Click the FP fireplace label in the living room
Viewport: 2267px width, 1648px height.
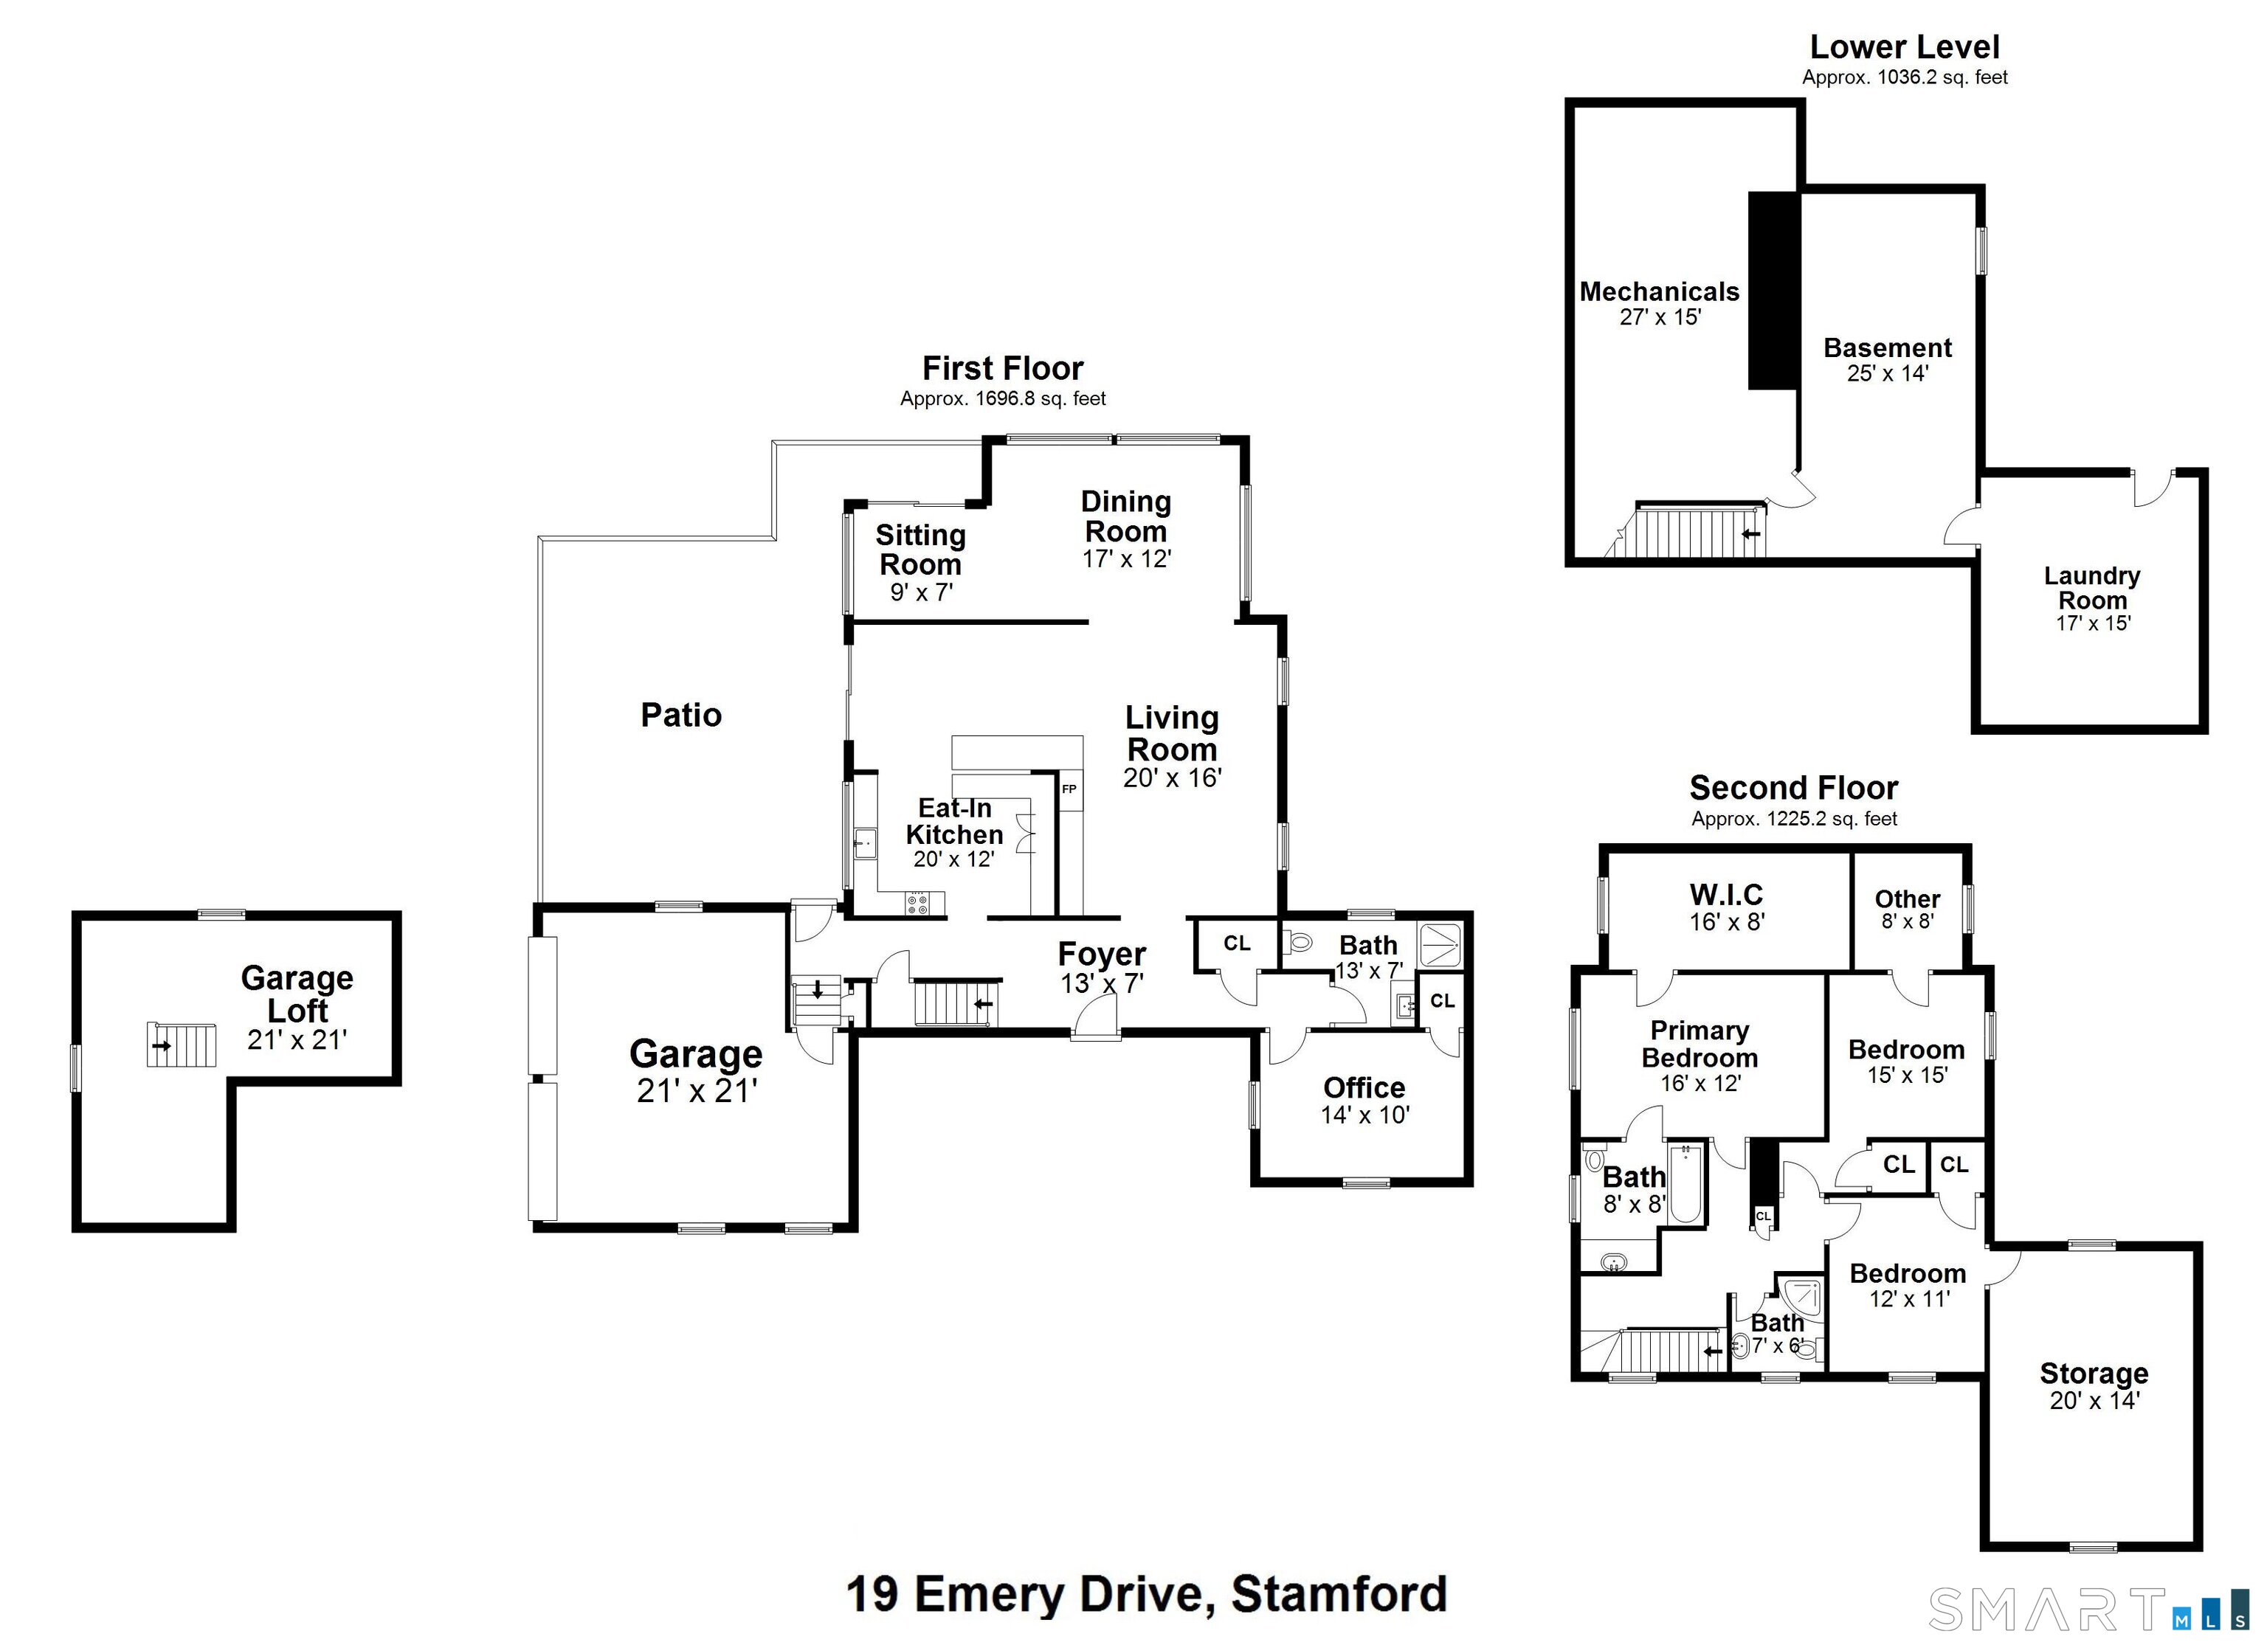(x=1069, y=789)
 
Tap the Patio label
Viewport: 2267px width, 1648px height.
(x=680, y=715)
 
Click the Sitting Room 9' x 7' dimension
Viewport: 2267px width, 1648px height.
(x=920, y=592)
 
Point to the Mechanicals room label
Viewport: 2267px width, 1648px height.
(x=1658, y=292)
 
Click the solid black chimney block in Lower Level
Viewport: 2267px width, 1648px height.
(x=1773, y=290)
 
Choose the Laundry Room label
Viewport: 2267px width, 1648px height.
(x=2091, y=588)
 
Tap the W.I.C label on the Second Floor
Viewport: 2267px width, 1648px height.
(x=1726, y=895)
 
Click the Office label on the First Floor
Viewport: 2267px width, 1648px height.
(x=1364, y=1087)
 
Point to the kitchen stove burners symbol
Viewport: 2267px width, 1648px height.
(x=917, y=904)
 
